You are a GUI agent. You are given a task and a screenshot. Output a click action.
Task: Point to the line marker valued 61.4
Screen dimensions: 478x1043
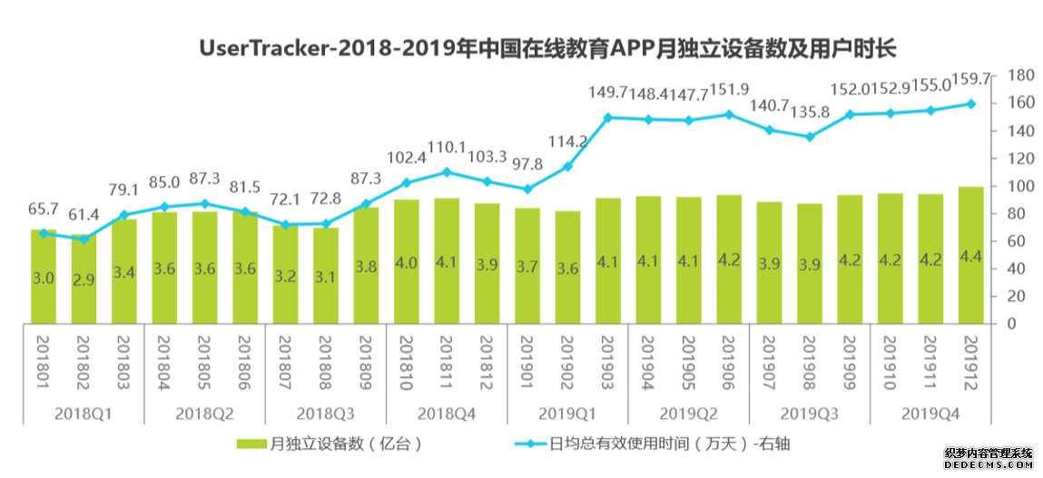click(84, 239)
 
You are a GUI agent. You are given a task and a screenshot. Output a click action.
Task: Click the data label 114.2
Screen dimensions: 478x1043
click(567, 141)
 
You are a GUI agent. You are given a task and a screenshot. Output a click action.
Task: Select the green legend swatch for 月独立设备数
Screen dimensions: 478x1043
click(251, 444)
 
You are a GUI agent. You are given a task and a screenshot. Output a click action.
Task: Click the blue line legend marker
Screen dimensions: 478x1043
click(524, 444)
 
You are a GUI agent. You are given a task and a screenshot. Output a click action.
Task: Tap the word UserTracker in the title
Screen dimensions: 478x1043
click(261, 48)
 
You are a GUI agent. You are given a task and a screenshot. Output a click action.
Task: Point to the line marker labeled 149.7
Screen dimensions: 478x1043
click(607, 117)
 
